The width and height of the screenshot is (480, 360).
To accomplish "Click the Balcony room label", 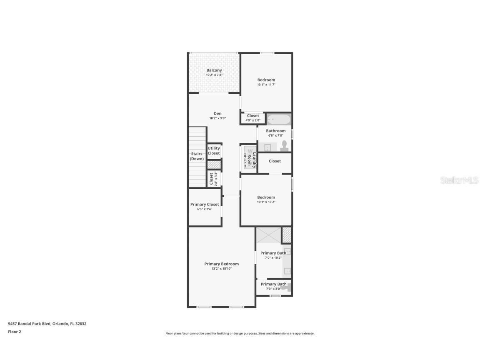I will coord(214,70).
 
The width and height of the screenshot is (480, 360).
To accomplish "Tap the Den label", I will coord(217,113).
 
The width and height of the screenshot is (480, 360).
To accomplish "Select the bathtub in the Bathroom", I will coord(278,120).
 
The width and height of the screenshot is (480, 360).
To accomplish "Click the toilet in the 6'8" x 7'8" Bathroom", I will coord(285,145).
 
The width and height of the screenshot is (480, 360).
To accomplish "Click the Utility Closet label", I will coord(214,151).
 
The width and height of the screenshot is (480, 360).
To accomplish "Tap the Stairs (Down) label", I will coord(197,156).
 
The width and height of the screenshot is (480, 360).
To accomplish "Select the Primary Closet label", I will coord(205,205).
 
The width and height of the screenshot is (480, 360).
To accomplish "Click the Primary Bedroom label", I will coord(221,264).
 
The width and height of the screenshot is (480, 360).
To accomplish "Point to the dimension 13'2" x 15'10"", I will coord(221,269).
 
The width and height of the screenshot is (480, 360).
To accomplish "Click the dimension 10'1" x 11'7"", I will coord(266,85).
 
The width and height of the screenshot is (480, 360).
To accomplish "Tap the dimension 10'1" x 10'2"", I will coord(266,202).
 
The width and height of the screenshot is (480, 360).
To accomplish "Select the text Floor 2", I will coord(14,332).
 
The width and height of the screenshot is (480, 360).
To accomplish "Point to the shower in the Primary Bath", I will coord(268,235).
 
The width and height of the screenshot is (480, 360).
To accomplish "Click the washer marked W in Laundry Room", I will coord(250,151).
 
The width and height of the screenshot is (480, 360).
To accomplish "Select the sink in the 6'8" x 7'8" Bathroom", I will coord(268,147).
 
